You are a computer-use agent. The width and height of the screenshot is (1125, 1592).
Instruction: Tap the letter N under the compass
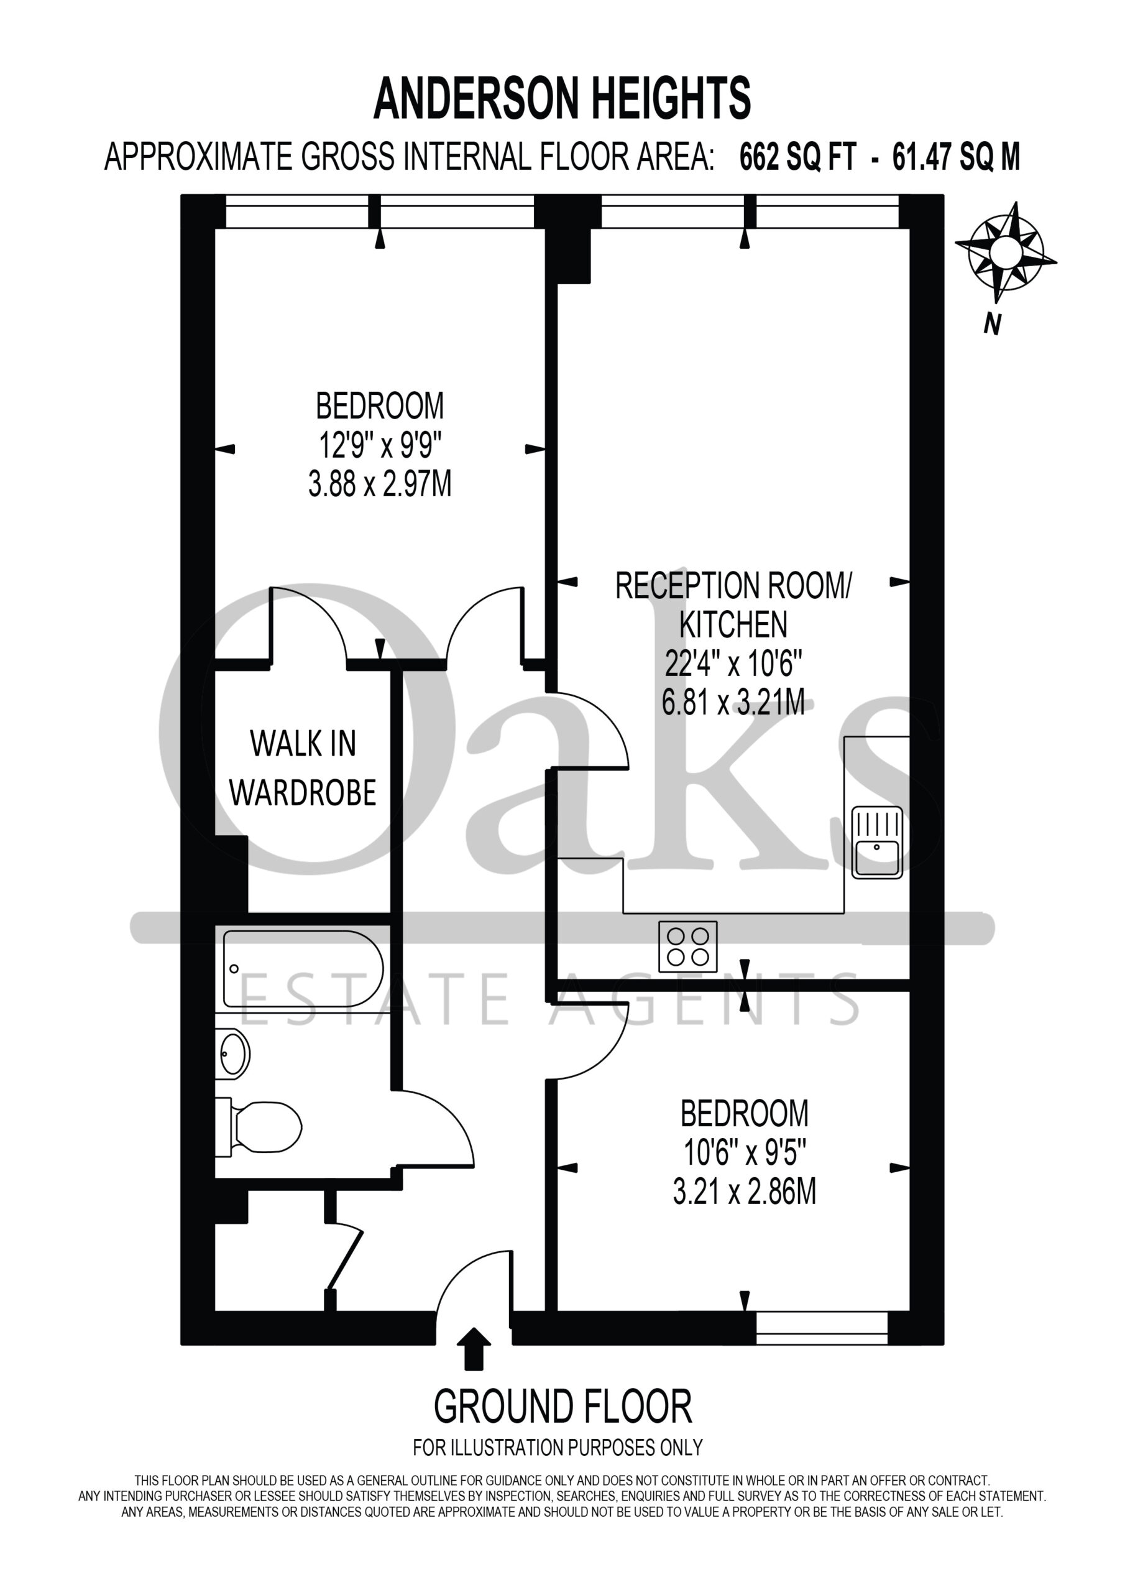[x=993, y=324]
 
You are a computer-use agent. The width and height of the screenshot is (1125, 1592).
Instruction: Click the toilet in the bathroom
[x=258, y=1127]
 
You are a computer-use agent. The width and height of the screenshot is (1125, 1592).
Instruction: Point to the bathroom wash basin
[x=232, y=1054]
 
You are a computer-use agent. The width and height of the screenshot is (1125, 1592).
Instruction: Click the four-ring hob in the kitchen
[x=687, y=946]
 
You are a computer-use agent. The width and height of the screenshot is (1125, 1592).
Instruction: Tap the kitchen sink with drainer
[x=877, y=843]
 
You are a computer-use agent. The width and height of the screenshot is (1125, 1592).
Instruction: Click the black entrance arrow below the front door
[x=474, y=1349]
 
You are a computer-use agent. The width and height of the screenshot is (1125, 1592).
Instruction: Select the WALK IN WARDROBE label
[x=303, y=768]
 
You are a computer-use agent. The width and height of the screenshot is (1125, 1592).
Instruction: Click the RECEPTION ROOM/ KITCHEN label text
[x=733, y=605]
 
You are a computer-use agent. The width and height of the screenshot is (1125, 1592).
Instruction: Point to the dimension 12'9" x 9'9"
[x=380, y=445]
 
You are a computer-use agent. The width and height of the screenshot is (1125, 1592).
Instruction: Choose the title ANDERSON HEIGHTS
[x=562, y=98]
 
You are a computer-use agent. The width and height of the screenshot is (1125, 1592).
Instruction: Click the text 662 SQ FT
[x=798, y=157]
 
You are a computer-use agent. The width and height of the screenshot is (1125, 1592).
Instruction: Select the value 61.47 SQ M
[x=956, y=157]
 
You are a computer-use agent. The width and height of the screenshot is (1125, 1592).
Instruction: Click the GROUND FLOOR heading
[x=563, y=1407]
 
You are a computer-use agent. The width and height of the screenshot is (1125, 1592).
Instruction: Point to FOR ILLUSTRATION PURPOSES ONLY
[x=558, y=1448]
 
